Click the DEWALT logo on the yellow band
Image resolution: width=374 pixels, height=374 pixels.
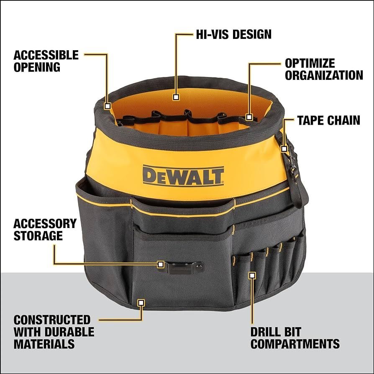[x=183, y=175]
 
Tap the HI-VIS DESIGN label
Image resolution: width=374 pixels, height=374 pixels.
[x=234, y=34]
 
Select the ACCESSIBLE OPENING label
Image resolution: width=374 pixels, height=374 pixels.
[x=46, y=61]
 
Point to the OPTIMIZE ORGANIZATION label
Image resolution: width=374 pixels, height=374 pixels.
[x=323, y=69]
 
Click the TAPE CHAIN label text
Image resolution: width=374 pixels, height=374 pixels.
[x=328, y=120]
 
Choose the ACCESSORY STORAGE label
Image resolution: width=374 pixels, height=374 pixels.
[x=45, y=229]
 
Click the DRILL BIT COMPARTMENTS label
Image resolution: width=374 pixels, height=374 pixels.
[x=295, y=338]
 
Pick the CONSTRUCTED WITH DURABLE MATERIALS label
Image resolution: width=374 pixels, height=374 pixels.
[x=54, y=332]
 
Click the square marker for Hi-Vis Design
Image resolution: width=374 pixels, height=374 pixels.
[x=176, y=97]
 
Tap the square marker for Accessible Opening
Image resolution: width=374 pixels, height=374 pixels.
[x=108, y=106]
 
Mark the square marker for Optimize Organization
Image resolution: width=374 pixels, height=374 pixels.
[x=249, y=117]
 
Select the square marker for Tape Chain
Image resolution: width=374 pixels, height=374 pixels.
[x=284, y=149]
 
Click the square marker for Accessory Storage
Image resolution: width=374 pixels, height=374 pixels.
[x=161, y=264]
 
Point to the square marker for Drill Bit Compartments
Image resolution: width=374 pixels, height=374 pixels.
[x=252, y=275]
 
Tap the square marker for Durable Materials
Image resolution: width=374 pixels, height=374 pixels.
[x=141, y=302]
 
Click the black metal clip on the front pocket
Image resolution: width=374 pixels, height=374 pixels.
[x=182, y=266]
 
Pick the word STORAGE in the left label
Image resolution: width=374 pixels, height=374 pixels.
[x=38, y=236]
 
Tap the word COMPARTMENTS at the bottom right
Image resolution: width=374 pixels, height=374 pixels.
[x=295, y=344]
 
